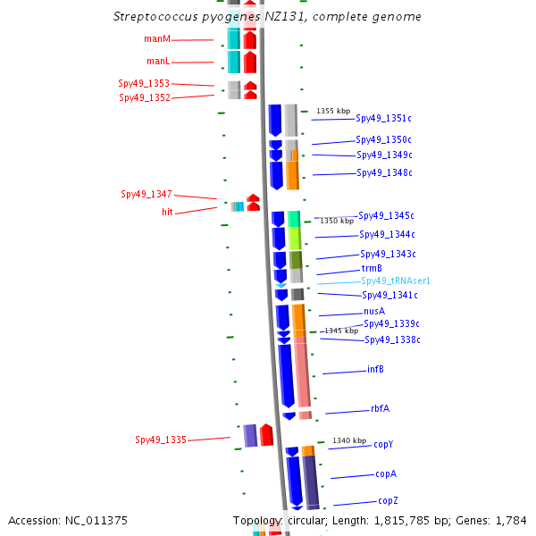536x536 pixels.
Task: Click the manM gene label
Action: [x=157, y=39]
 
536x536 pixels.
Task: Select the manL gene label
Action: [x=158, y=61]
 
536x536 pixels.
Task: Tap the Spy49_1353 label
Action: [x=144, y=83]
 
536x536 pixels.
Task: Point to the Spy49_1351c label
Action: [x=383, y=118]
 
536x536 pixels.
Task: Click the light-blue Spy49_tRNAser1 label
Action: [x=396, y=281]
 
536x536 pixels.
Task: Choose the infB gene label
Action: [x=375, y=369]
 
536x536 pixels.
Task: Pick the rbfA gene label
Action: [x=381, y=408]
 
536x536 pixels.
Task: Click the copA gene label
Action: [x=386, y=473]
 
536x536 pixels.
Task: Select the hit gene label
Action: [x=168, y=212]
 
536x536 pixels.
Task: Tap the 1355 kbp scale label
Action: [x=333, y=111]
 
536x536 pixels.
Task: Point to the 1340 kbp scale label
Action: [x=349, y=440]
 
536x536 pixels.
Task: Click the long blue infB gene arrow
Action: [x=287, y=376]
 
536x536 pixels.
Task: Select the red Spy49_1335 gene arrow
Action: [x=266, y=435]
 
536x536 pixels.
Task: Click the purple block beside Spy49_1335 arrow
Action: [x=250, y=436]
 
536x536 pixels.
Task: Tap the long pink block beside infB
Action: [x=303, y=372]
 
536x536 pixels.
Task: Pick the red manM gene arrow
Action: [x=250, y=39]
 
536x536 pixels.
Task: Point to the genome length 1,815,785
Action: [x=402, y=521]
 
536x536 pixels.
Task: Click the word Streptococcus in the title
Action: [x=155, y=16]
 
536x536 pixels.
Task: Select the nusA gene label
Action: [x=374, y=311]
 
